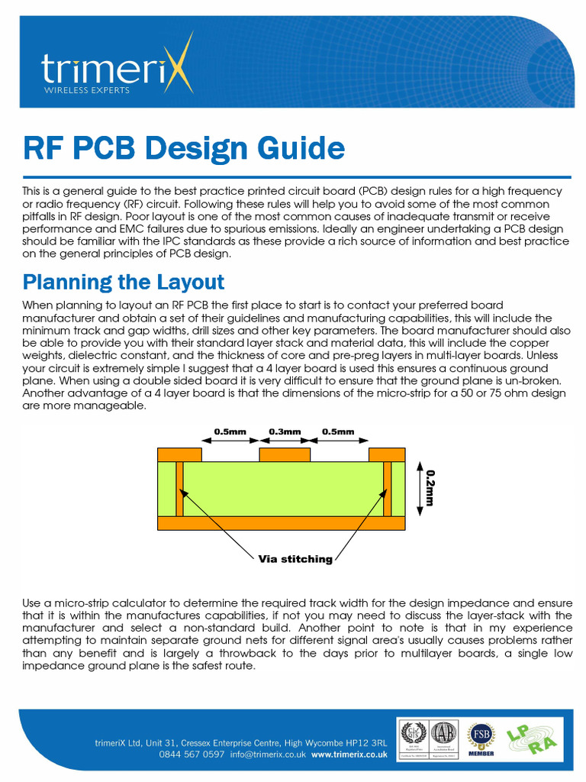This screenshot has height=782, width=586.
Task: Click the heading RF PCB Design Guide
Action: (x=183, y=147)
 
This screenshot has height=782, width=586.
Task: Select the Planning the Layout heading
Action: (x=124, y=282)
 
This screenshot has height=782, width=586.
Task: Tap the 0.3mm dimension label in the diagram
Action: (x=285, y=431)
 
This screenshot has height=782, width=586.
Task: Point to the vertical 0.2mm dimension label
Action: (x=430, y=487)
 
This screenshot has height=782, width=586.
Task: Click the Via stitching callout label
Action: (x=295, y=559)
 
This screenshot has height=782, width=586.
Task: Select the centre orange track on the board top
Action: (x=285, y=455)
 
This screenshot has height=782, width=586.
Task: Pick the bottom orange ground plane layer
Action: (x=281, y=523)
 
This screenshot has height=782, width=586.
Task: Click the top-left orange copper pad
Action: (x=179, y=455)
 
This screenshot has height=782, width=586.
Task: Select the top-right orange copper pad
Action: (x=386, y=455)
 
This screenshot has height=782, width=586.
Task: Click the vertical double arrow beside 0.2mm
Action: (x=418, y=487)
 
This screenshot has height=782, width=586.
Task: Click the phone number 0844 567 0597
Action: (x=192, y=754)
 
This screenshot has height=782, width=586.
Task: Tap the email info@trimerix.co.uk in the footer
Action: (x=268, y=754)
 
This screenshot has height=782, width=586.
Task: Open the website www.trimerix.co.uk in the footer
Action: (x=349, y=754)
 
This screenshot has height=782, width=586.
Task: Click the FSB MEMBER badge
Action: (x=481, y=738)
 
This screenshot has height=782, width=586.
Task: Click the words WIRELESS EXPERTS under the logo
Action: (x=86, y=90)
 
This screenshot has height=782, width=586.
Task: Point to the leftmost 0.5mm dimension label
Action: (x=230, y=431)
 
